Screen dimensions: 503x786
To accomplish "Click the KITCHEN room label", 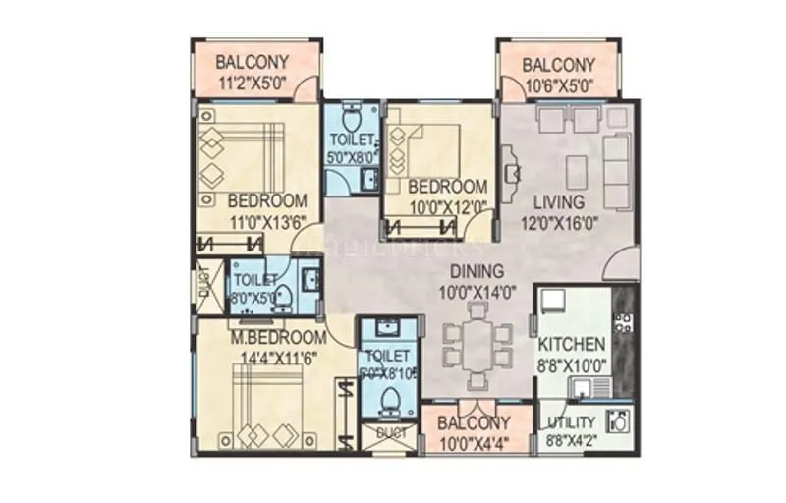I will pos(572,345).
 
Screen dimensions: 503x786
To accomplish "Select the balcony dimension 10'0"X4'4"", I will pos(474,441).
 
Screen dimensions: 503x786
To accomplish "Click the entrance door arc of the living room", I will pos(621,263).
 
